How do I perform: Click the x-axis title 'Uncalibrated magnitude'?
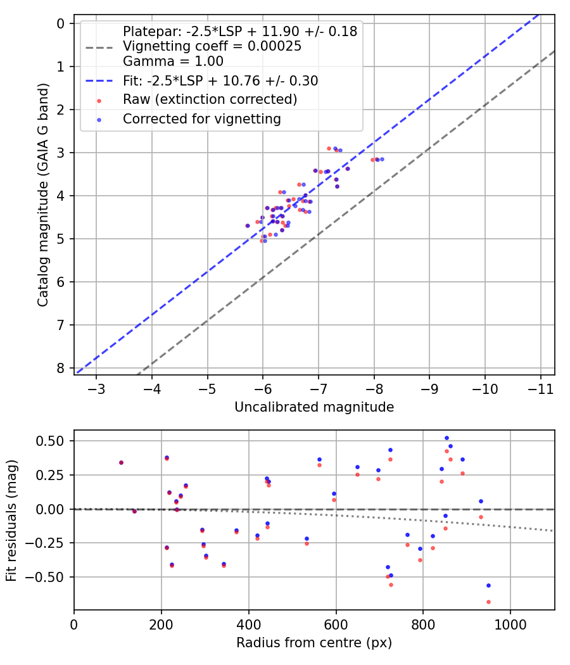pyautogui.click(x=314, y=407)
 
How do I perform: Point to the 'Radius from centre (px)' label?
pyautogui.click(x=314, y=643)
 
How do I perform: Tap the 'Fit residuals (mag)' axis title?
pyautogui.click(x=11, y=521)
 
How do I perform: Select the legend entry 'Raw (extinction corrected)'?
pyautogui.click(x=210, y=99)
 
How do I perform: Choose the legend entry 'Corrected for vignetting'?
pyautogui.click(x=202, y=119)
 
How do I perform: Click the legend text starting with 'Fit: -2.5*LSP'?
pyautogui.click(x=220, y=80)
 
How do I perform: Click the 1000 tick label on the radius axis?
pyautogui.click(x=510, y=623)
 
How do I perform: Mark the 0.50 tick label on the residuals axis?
pyautogui.click(x=52, y=441)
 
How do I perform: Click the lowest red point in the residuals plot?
pyautogui.click(x=488, y=602)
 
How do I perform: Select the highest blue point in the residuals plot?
pyautogui.click(x=446, y=438)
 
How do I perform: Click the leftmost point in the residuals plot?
pyautogui.click(x=121, y=462)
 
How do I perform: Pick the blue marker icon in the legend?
pyautogui.click(x=99, y=119)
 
